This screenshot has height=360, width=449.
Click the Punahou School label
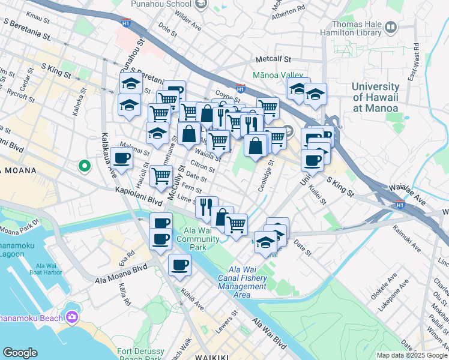point(161,4)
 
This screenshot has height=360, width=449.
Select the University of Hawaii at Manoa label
point(376,97)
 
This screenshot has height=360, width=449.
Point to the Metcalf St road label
point(273,60)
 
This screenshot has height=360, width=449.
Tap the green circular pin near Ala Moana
point(85,165)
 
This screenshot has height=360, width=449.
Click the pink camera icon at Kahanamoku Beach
point(72,316)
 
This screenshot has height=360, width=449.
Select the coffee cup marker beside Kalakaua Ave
point(122,158)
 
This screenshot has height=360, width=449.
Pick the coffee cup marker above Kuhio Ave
point(179,265)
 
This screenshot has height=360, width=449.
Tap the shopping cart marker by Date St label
point(160,176)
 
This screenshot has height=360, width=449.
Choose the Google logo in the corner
point(20,353)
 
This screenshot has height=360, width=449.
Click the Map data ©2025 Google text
point(412,355)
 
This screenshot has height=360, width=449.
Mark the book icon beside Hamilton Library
point(391,27)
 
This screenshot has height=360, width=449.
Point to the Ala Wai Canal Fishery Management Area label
point(241,282)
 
